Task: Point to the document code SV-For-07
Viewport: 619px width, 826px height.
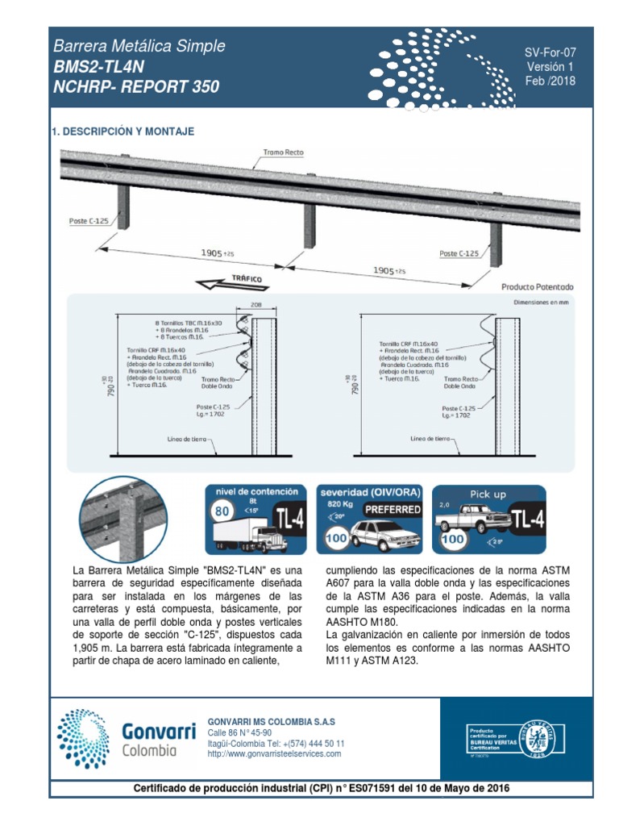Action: coord(550,52)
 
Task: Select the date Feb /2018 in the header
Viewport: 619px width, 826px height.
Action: coord(550,81)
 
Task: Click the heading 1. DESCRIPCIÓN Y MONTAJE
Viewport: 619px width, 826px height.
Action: coord(123,131)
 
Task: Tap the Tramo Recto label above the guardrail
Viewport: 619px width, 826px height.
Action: coord(283,152)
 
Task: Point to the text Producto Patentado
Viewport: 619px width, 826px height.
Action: coord(538,286)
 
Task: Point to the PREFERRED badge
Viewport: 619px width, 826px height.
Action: coord(392,510)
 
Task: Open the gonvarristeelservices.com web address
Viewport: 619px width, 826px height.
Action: coord(274,754)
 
